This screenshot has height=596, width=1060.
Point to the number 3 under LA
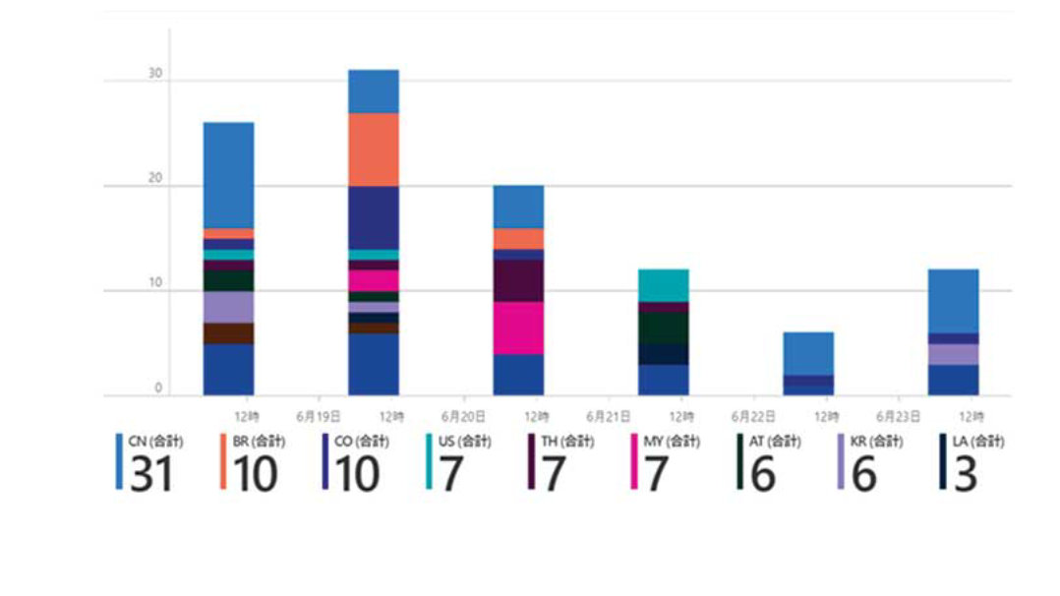pyautogui.click(x=966, y=473)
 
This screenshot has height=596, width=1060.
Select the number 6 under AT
pyautogui.click(x=763, y=473)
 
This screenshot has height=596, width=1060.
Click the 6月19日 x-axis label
pyautogui.click(x=319, y=416)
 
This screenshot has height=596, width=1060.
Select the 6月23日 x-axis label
pyautogui.click(x=900, y=416)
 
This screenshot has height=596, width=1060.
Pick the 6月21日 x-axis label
pyautogui.click(x=610, y=416)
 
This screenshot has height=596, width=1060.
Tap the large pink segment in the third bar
pyautogui.click(x=518, y=328)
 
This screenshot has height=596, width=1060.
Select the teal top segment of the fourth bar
pyautogui.click(x=664, y=285)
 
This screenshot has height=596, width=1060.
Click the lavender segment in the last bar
pyautogui.click(x=954, y=354)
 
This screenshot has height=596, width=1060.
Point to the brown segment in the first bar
pyautogui.click(x=228, y=333)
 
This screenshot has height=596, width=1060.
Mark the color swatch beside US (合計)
pyautogui.click(x=430, y=461)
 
